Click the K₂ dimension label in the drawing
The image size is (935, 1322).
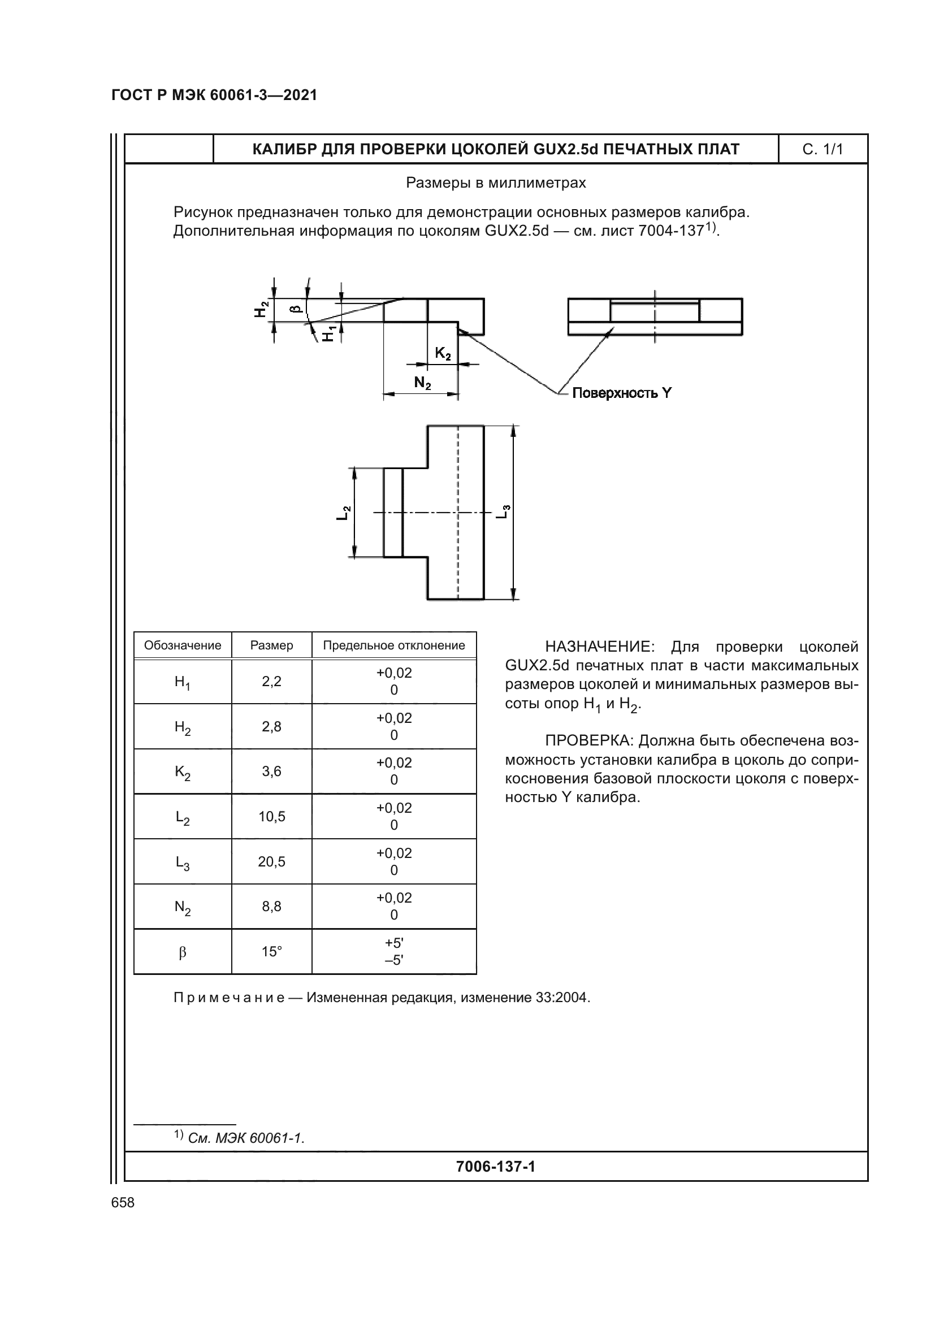point(442,353)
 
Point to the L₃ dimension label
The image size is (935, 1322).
point(503,512)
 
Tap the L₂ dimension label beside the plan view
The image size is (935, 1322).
point(343,513)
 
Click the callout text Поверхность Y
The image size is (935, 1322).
point(621,393)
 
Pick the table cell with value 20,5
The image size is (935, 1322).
point(271,861)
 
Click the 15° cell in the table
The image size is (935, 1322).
point(271,952)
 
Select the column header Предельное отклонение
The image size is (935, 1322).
point(394,645)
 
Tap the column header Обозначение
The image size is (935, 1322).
point(183,645)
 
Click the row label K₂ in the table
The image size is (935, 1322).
point(183,772)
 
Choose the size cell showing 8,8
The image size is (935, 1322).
point(271,906)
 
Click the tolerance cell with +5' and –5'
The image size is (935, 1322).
point(394,951)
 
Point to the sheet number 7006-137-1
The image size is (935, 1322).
point(495,1167)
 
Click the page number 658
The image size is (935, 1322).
point(123,1203)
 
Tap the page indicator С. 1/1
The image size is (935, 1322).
point(822,150)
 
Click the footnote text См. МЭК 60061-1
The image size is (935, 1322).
point(246,1138)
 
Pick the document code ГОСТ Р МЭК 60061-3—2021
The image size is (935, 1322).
point(214,96)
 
